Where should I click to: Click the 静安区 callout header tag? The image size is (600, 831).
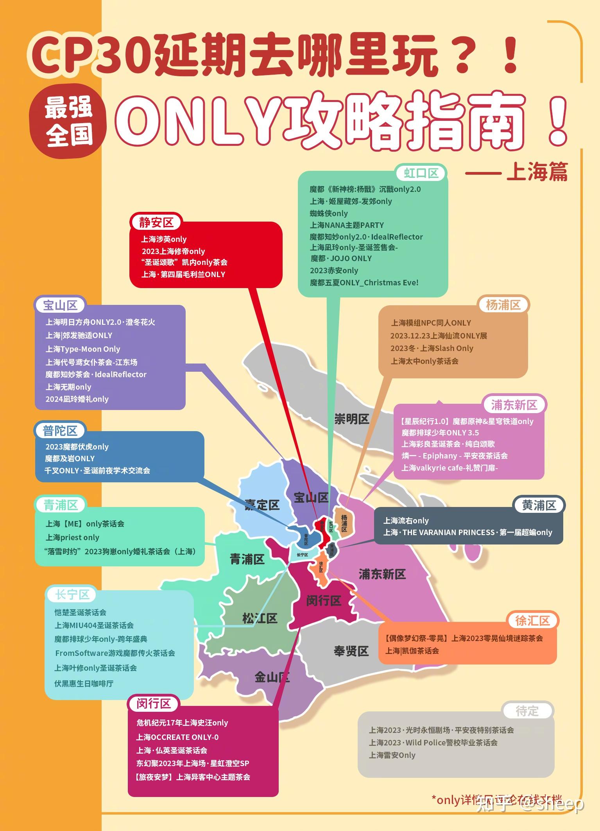(x=156, y=222)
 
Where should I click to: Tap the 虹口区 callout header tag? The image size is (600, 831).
(x=421, y=173)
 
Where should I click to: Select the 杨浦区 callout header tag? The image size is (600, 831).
(x=503, y=305)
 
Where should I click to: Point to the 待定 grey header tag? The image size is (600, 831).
(x=527, y=711)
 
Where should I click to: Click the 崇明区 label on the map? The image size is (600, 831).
(x=351, y=419)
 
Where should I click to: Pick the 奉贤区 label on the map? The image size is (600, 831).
(x=351, y=651)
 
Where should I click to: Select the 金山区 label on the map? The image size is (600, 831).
(x=272, y=677)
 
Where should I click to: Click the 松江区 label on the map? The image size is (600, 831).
(x=260, y=618)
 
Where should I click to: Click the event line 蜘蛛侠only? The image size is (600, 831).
(x=329, y=213)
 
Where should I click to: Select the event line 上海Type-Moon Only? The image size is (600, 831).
(x=83, y=349)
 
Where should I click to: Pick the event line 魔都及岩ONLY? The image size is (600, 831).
(x=70, y=458)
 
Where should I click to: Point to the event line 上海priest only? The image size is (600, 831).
(x=73, y=537)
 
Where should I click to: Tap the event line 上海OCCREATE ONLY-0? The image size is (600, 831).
(x=177, y=737)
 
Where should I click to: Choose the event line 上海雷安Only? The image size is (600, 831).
(x=392, y=755)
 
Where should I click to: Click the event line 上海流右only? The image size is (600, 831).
(x=406, y=521)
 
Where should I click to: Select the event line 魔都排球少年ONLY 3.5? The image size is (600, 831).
(x=440, y=433)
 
